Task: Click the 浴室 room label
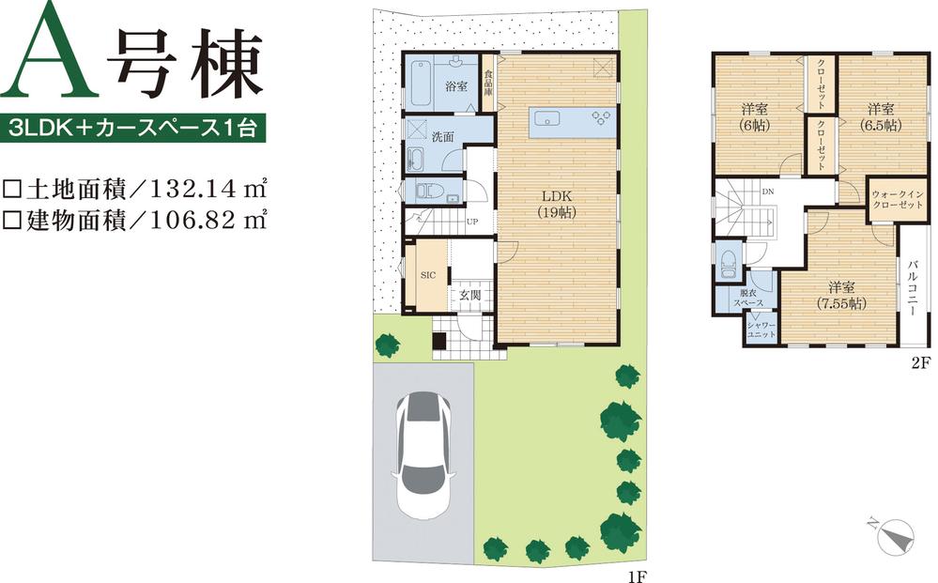coord(456,86)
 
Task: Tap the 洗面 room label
coord(443,137)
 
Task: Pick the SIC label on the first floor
coord(427,276)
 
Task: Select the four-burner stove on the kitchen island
coord(599,116)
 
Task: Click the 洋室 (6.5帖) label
coord(880,115)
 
